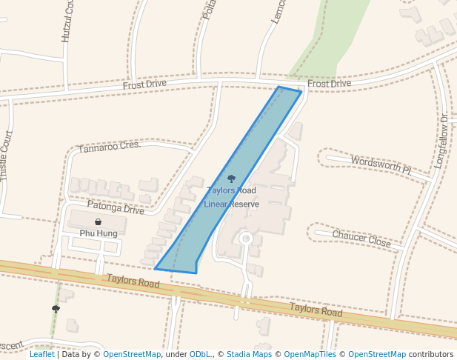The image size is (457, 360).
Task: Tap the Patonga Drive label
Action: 116,210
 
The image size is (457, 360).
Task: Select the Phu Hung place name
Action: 99,233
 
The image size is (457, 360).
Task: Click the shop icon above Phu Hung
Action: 99,221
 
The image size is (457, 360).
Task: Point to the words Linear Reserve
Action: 231,204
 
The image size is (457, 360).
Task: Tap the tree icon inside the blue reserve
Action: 231,179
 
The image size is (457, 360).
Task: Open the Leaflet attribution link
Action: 41,355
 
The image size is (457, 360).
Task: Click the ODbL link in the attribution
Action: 201,355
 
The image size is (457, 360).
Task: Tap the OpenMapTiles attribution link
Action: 311,355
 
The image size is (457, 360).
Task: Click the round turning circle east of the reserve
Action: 246,239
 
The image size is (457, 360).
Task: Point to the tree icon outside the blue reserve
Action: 56,309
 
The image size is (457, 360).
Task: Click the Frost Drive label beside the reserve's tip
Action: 329,84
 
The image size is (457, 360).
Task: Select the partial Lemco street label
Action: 278,11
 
